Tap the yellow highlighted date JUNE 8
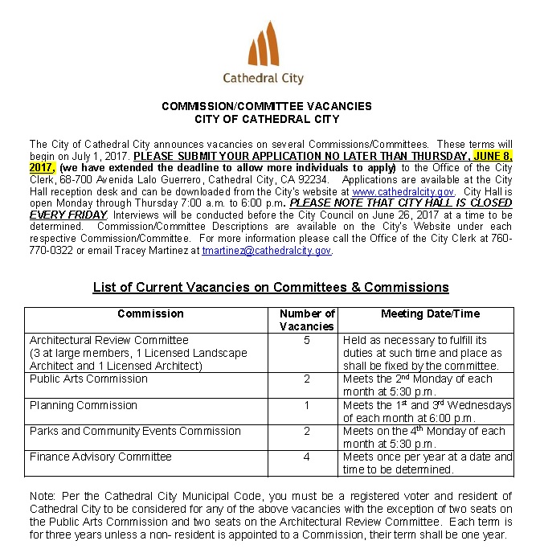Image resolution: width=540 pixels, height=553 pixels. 493,156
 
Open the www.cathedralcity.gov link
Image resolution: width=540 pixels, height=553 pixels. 403,192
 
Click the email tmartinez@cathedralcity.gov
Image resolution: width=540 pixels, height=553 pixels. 267,251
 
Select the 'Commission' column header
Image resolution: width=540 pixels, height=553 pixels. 150,313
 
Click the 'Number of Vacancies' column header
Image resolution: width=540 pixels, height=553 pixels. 306,320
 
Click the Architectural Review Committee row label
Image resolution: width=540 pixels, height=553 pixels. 108,340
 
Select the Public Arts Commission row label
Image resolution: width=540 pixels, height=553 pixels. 88,379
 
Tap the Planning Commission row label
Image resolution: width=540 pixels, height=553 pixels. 83,405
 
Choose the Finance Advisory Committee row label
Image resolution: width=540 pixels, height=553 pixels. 100,457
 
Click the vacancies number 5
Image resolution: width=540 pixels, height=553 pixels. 306,340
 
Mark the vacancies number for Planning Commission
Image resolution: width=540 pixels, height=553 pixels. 306,405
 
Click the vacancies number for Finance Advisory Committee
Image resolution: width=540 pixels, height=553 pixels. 306,457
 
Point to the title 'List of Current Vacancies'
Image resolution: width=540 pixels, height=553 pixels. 270,287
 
